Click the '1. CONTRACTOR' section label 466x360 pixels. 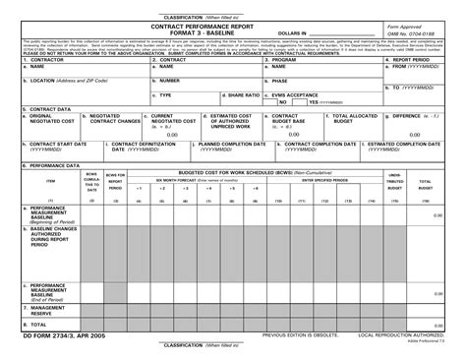pyautogui.click(x=34, y=59)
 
